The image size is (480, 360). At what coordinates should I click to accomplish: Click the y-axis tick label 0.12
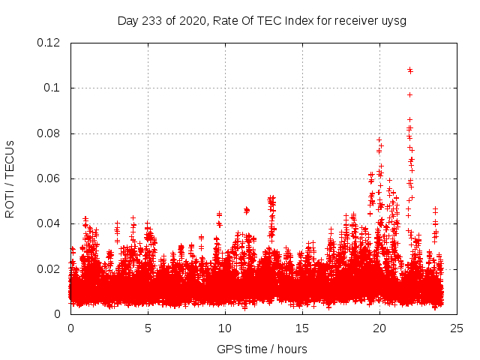point(49,43)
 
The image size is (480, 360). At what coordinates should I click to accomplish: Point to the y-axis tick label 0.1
point(53,88)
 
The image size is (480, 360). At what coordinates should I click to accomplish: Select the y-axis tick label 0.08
point(49,133)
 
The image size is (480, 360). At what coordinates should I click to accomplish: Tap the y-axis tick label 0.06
point(49,178)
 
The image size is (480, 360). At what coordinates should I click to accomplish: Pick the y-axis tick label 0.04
point(49,223)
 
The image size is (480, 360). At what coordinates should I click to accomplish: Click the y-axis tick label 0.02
point(49,268)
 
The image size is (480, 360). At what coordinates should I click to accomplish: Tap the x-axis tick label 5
point(148,328)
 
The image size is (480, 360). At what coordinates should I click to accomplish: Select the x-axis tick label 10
point(225,328)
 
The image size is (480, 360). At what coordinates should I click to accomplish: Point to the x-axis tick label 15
point(302,328)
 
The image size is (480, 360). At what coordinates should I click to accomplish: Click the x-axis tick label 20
point(379,328)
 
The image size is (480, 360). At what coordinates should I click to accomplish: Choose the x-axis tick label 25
point(457,328)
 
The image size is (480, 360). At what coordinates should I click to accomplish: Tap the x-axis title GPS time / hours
point(262,349)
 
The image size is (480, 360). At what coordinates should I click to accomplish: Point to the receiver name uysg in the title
point(395,20)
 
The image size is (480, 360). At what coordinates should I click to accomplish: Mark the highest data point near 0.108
point(410,70)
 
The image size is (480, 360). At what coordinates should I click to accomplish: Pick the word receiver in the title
point(351,20)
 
